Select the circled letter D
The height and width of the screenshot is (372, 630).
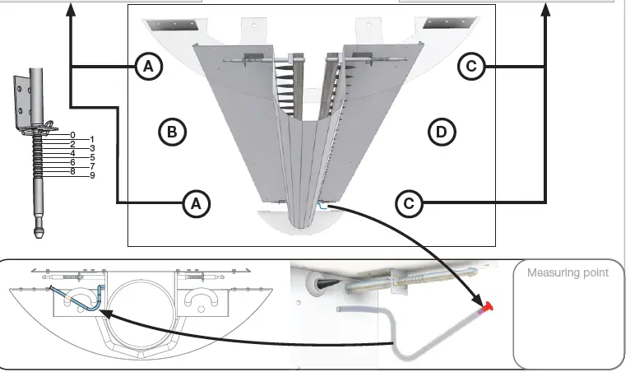[442, 130]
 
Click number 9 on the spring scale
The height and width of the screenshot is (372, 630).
[92, 175]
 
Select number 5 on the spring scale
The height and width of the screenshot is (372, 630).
[92, 157]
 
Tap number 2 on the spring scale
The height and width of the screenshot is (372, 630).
[72, 144]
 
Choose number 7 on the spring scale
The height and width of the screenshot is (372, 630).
[92, 166]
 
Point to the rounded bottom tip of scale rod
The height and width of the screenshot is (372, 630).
[39, 232]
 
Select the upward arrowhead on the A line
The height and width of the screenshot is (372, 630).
[72, 9]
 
